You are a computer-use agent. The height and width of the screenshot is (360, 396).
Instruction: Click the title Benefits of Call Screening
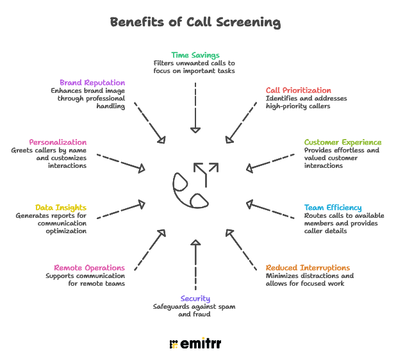coord(195,22)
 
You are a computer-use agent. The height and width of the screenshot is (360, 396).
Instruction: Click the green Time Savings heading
coord(195,55)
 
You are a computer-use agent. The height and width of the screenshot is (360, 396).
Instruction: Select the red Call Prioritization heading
coord(299,90)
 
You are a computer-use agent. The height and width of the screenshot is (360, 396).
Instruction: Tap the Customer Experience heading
coord(342,142)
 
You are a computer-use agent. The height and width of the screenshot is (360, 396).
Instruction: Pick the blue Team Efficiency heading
coord(333,208)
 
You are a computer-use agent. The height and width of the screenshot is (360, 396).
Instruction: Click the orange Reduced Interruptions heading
coord(308,267)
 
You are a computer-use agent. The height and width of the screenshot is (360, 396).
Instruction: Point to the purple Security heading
coord(195,299)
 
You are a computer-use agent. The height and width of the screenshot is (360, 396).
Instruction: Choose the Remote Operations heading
coord(89,267)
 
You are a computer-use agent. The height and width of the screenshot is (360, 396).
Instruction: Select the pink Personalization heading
coord(58,142)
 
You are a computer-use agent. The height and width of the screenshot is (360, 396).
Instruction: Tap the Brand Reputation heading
coord(92,83)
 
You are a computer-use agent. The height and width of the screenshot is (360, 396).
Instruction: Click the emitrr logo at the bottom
coord(195,344)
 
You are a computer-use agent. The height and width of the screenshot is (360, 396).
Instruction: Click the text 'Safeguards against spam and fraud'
coord(195,311)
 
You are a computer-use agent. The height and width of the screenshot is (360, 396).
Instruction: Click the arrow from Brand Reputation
coord(148,122)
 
